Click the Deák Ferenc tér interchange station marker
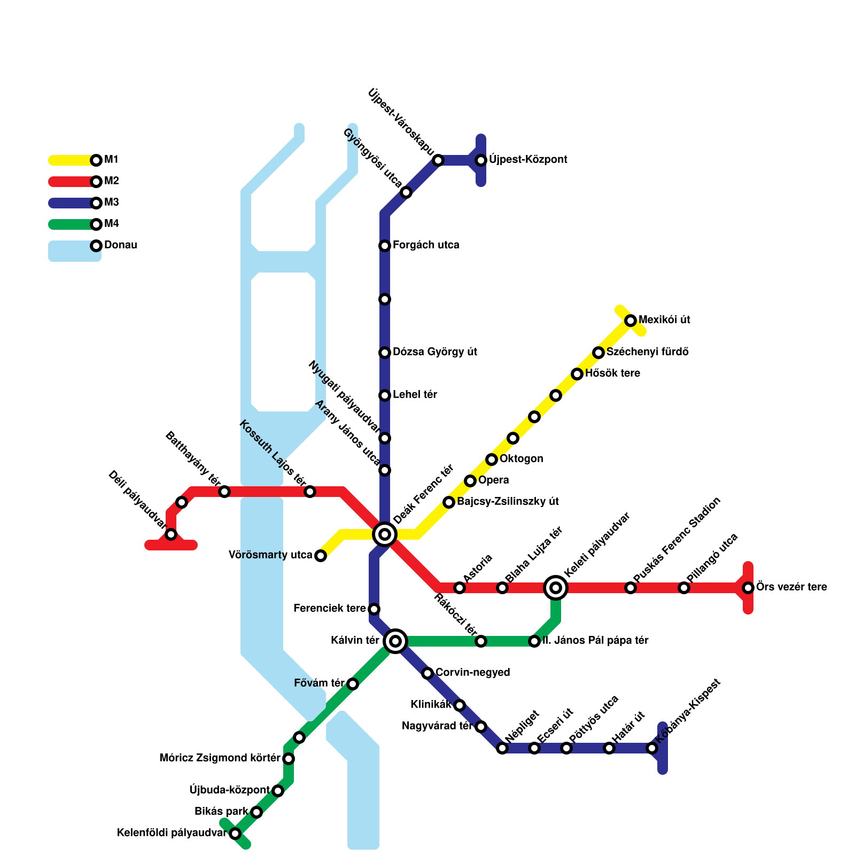pyautogui.click(x=385, y=534)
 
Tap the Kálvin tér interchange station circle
pyautogui.click(x=395, y=641)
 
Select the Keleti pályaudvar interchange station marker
pyautogui.click(x=556, y=588)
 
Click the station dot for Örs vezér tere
pyautogui.click(x=748, y=588)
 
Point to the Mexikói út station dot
pyautogui.click(x=631, y=321)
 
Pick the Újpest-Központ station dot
pyautogui.click(x=481, y=160)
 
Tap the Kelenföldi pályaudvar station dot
pyautogui.click(x=235, y=834)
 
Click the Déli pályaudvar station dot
pyautogui.click(x=171, y=534)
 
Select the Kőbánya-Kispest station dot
pyautogui.click(x=652, y=748)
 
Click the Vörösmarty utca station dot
pyautogui.click(x=321, y=556)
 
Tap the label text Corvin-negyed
pyautogui.click(x=472, y=672)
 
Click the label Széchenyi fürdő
pyautogui.click(x=647, y=352)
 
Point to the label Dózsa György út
pyautogui.click(x=434, y=352)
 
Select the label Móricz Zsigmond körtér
pyautogui.click(x=220, y=758)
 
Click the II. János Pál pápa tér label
pyautogui.click(x=595, y=640)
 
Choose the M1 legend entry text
pyautogui.click(x=111, y=159)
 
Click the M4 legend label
pyautogui.click(x=111, y=223)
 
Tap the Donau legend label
pyautogui.click(x=120, y=245)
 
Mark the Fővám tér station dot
pyautogui.click(x=353, y=684)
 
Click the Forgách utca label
pyautogui.click(x=426, y=245)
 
